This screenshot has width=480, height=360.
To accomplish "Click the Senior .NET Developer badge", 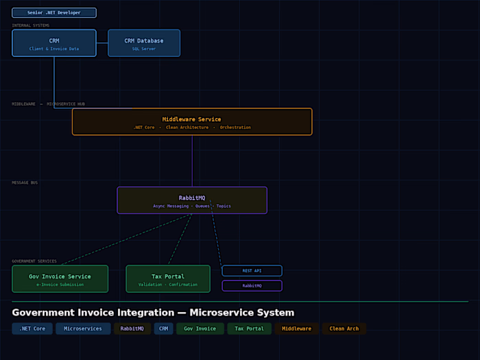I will pos(54,12).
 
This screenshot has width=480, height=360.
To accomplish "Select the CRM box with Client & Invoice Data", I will pos(54,43).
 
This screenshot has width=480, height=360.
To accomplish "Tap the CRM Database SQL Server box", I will pos(144,43).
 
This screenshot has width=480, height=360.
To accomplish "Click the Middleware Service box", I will pos(192,121).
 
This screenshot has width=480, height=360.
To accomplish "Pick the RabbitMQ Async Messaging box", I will pos(192,200).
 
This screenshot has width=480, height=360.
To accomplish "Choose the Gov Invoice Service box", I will pos(60,279).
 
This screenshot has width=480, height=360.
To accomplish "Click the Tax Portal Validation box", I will pos(168,279).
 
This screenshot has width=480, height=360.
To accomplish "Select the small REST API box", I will pos(252,271).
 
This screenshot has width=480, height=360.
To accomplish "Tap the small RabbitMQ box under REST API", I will pos(252,285).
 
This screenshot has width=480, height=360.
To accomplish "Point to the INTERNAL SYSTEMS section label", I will pos(31,25).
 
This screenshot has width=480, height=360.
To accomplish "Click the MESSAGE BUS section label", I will pos(25,183).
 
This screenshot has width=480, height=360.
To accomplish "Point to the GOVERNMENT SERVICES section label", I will pos(34,261).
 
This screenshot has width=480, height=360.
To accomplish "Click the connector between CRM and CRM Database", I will pos(102,43).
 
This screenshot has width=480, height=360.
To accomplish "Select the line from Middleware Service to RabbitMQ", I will pos(192,161).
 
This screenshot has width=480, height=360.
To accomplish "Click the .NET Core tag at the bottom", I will pos(32,328).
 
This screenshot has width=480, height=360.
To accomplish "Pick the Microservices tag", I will pos(83,328).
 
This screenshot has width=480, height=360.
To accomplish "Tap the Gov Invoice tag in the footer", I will pos(200,328).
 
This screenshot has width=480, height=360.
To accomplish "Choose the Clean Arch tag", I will pos(344,328).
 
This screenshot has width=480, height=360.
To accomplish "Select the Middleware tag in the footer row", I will pos(297,328).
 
